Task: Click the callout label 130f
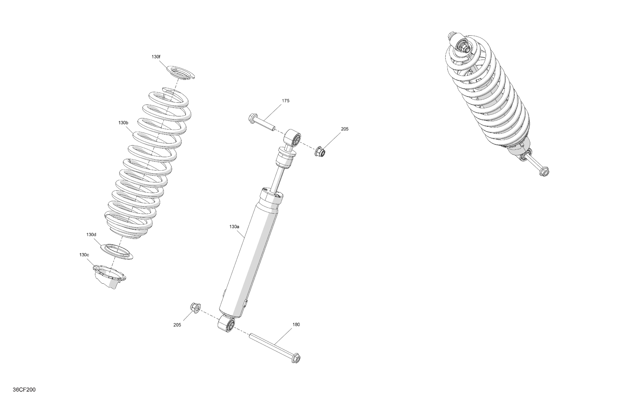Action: click(156, 57)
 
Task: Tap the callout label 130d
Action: click(91, 235)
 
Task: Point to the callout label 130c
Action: click(84, 255)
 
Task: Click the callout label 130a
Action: click(234, 227)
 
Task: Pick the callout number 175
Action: click(285, 100)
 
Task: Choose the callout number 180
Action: click(296, 324)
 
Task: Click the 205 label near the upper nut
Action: click(345, 129)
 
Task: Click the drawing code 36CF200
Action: click(24, 390)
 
